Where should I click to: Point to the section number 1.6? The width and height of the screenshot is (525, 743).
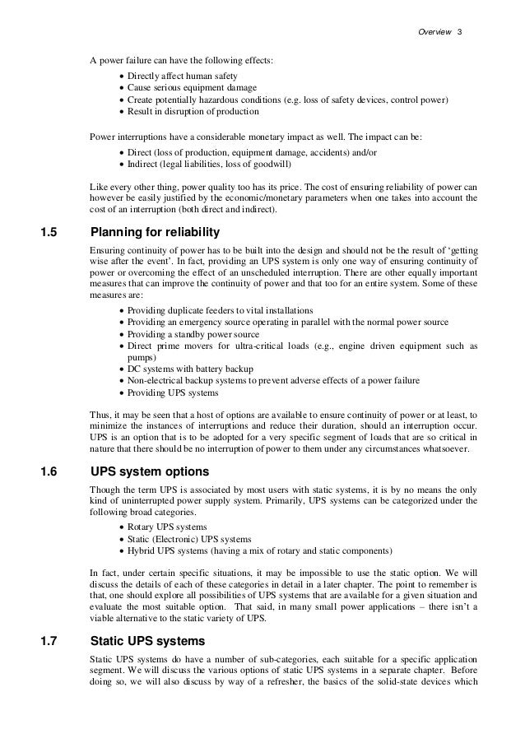click(50, 472)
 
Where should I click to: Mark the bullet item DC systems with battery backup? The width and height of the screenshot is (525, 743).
click(190, 369)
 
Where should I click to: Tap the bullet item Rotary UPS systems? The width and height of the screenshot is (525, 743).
click(167, 527)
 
